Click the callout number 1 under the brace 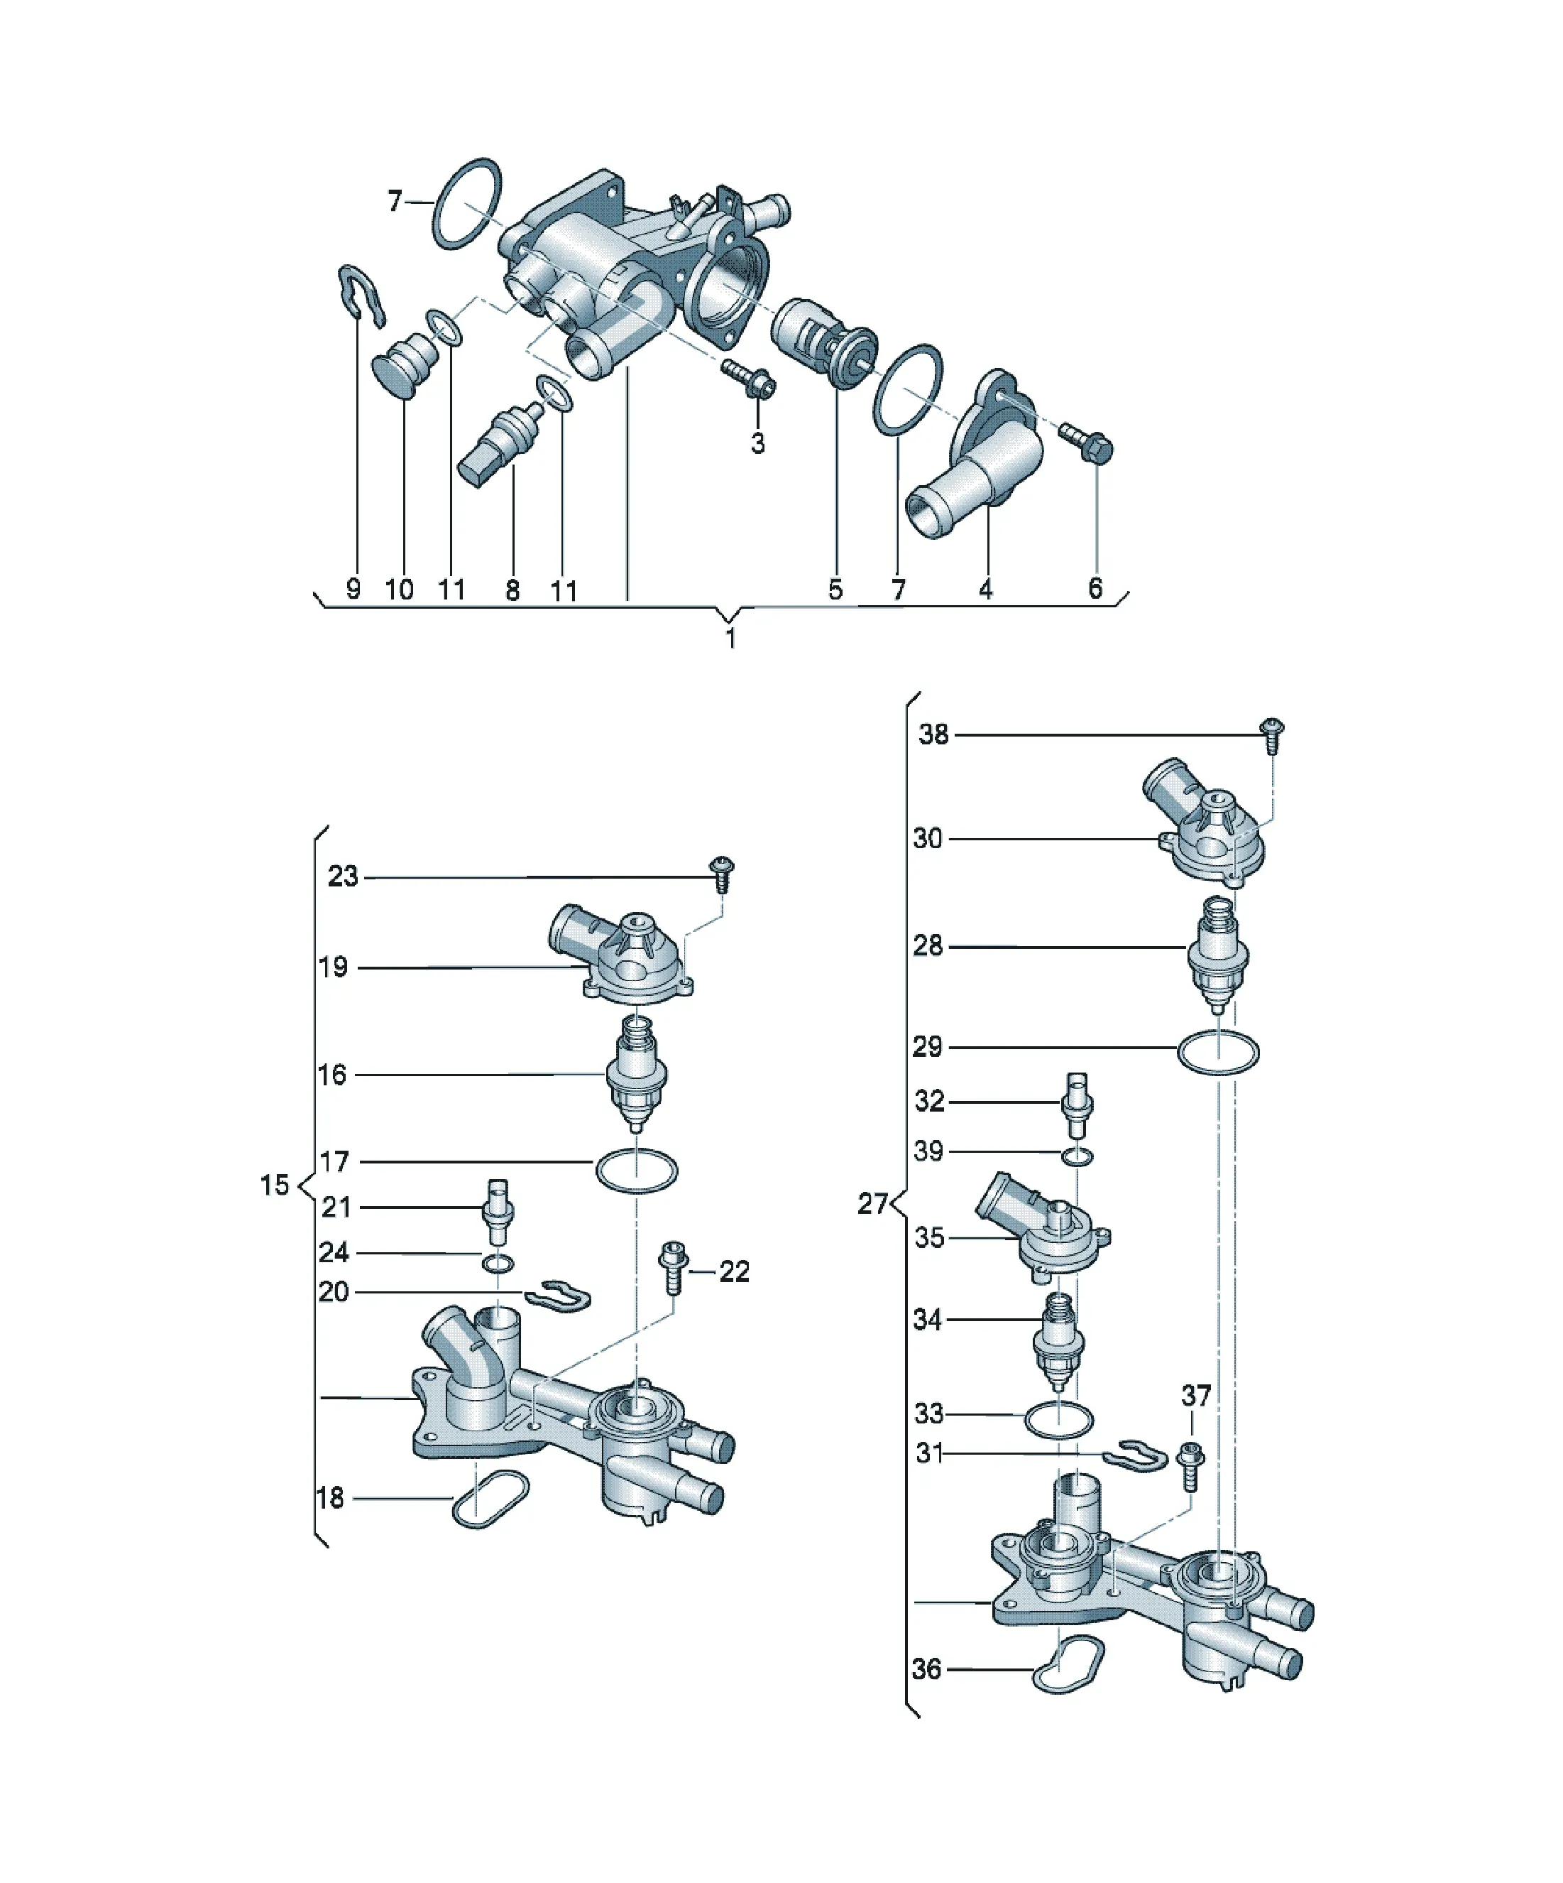click(730, 639)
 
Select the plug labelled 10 click(404, 362)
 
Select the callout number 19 click(332, 967)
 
